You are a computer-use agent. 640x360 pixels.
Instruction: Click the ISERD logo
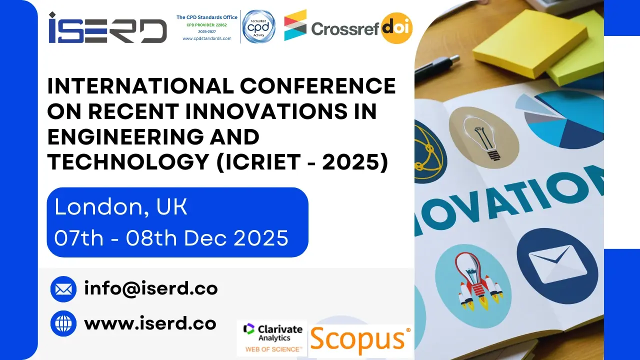(107, 28)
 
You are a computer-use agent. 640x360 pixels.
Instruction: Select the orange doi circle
(396, 28)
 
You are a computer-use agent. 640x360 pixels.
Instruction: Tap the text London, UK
(121, 207)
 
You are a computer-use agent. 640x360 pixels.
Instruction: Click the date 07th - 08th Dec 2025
(171, 238)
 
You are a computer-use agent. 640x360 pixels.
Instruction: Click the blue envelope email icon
(63, 289)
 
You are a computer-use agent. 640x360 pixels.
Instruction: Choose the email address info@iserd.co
(151, 288)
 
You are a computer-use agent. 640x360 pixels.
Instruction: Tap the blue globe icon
(63, 323)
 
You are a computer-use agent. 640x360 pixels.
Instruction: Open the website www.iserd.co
(150, 323)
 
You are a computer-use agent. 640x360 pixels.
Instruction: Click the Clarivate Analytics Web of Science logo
(272, 337)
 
